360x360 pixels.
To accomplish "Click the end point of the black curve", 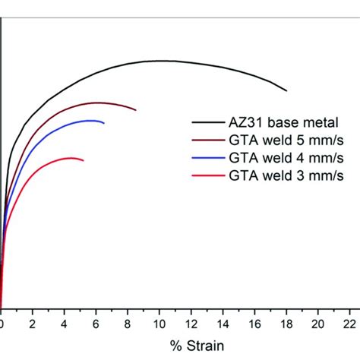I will (287, 90).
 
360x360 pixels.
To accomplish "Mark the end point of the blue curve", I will (104, 122).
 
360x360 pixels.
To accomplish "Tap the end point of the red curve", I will (84, 161).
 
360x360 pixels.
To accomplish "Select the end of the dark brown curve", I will (136, 111).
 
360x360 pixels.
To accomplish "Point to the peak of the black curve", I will (161, 61).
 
